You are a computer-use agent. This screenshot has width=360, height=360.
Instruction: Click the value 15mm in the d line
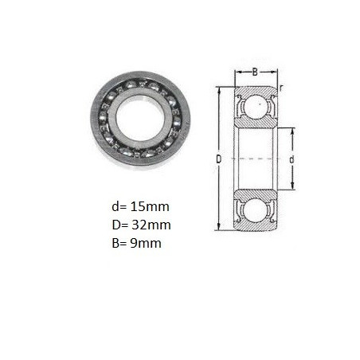pos(150,206)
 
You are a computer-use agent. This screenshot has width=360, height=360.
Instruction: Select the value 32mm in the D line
pos(151,225)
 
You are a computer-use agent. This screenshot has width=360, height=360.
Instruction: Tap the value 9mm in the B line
pos(146,243)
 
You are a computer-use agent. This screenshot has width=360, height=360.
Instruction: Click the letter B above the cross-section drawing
pos(255,72)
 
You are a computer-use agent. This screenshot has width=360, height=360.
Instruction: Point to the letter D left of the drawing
pos(218,159)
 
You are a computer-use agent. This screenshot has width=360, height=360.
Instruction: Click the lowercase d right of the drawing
pos(292,159)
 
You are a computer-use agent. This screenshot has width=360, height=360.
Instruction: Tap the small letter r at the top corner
pos(281,88)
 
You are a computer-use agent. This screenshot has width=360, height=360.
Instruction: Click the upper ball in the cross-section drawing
pos(256,105)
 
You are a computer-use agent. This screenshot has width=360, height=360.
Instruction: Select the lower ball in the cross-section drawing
pos(256,209)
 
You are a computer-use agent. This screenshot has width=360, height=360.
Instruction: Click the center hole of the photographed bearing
pos(140,118)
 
